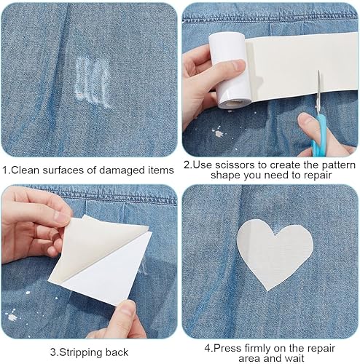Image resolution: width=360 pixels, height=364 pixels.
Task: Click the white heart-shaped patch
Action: pyautogui.click(x=273, y=253)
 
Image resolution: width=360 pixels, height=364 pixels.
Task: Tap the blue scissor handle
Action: pyautogui.click(x=318, y=136)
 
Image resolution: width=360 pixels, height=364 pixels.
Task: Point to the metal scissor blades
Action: pyautogui.click(x=318, y=92)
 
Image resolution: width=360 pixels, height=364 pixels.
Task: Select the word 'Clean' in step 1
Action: pyautogui.click(x=26, y=170)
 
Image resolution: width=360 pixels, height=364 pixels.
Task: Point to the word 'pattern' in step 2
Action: pyautogui.click(x=339, y=165)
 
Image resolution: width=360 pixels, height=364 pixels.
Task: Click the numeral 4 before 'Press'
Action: pyautogui.click(x=208, y=349)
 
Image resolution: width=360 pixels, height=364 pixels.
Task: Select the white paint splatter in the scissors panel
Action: pyautogui.click(x=218, y=133)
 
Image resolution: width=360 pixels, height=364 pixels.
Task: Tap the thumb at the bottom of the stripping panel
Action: pyautogui.click(x=128, y=312)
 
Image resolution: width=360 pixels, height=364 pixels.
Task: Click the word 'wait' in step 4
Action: pyautogui.click(x=294, y=358)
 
